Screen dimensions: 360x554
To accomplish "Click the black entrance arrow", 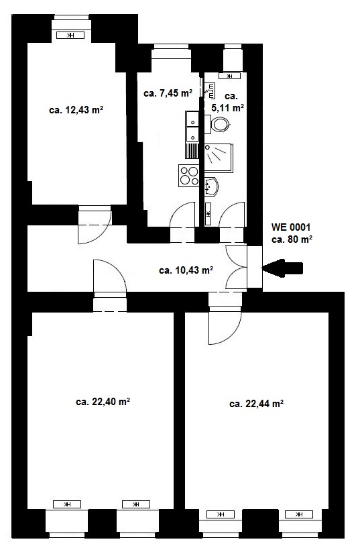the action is pyautogui.click(x=282, y=268).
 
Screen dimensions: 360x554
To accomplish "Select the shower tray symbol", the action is pyautogui.click(x=219, y=158).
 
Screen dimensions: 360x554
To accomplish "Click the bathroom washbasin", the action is pyautogui.click(x=211, y=186).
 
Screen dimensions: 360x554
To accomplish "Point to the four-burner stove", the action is pyautogui.click(x=189, y=176).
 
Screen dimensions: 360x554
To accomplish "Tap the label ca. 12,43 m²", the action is pyautogui.click(x=76, y=110).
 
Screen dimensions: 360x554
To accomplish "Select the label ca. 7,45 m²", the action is pyautogui.click(x=168, y=93).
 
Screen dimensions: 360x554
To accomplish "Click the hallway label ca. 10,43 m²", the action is pyautogui.click(x=186, y=270).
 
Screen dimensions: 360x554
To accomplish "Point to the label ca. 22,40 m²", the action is pyautogui.click(x=103, y=402).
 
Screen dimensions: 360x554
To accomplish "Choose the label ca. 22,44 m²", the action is pyautogui.click(x=257, y=404).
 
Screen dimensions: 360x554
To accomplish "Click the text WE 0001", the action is pyautogui.click(x=291, y=227).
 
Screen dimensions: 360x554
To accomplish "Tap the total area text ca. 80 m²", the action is pyautogui.click(x=292, y=239).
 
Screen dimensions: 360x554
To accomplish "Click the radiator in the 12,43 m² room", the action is pyautogui.click(x=70, y=35).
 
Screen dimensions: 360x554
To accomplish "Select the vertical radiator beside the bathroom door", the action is pyautogui.click(x=208, y=214).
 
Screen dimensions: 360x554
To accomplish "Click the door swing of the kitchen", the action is pyautogui.click(x=182, y=214).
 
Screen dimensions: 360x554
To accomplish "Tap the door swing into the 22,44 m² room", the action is pyautogui.click(x=225, y=325).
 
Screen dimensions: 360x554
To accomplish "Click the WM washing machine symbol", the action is pyautogui.click(x=210, y=91).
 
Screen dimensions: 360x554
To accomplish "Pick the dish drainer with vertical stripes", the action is pyautogui.click(x=192, y=151).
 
